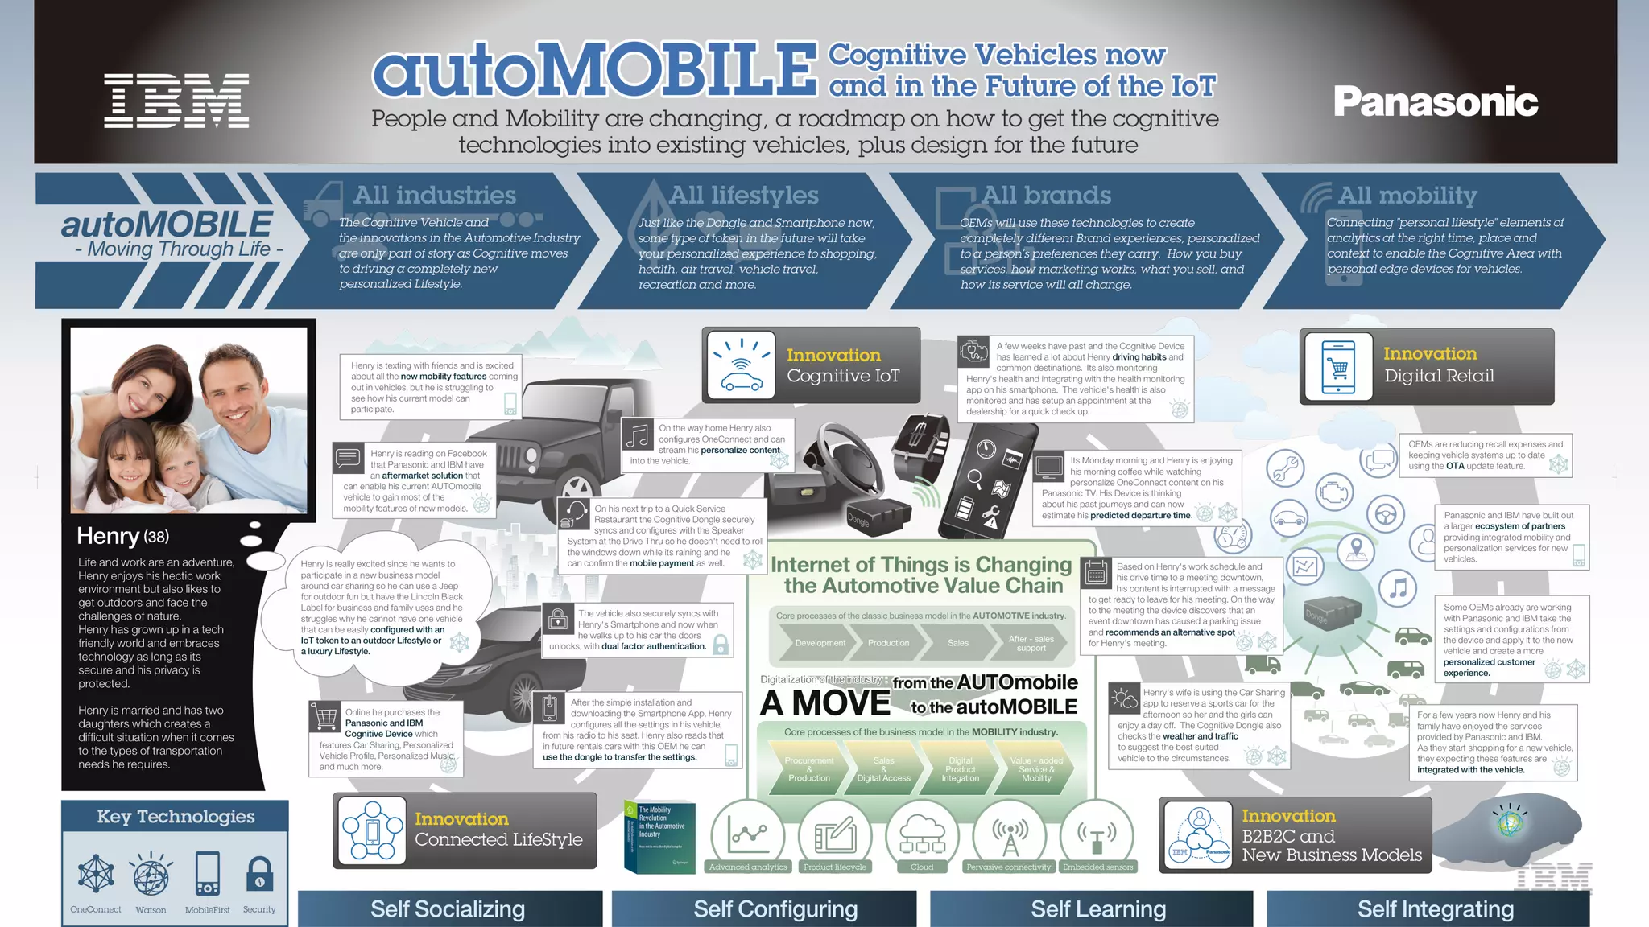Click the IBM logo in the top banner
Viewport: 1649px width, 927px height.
(176, 101)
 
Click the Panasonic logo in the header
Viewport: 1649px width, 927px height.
(1436, 101)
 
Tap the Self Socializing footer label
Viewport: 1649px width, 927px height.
(448, 909)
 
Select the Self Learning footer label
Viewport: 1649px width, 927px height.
(1098, 909)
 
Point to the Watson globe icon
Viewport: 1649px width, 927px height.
(151, 875)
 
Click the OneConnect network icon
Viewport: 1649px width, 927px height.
(96, 874)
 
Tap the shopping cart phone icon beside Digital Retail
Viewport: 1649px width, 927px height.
(1338, 367)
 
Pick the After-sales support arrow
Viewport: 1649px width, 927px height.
(1031, 643)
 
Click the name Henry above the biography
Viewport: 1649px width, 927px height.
(108, 536)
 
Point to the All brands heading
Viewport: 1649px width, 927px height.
(1046, 195)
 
